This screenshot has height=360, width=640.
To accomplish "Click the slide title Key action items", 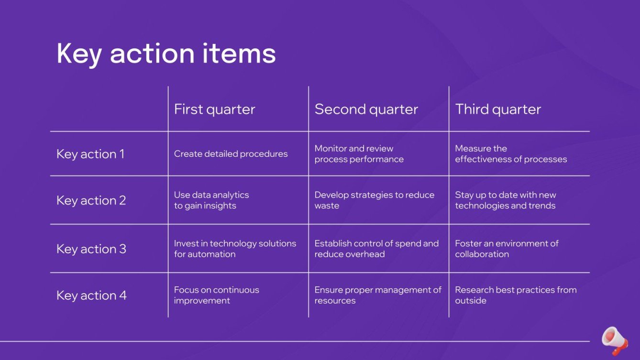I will tap(166, 53).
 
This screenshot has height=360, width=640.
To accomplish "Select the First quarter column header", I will tap(214, 109).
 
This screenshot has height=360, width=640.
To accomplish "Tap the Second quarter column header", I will tap(366, 109).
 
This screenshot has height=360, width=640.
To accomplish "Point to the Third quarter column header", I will tap(497, 109).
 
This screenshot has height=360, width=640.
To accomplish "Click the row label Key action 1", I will tap(90, 154).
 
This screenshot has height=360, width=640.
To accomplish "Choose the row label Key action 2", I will tap(91, 200).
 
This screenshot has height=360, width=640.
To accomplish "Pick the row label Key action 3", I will tap(91, 249).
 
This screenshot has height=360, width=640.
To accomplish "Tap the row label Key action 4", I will tap(91, 295).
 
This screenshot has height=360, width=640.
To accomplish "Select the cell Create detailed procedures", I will tap(231, 154).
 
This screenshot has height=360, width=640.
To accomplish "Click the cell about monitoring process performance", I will tap(359, 154).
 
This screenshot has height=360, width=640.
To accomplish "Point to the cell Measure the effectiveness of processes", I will tap(510, 154).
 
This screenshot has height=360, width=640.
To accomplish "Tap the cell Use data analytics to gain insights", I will tap(211, 200).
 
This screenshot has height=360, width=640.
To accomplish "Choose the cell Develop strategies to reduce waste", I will tap(374, 200).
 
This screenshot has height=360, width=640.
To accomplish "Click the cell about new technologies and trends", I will tap(505, 200).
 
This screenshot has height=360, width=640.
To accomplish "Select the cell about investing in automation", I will tap(234, 249).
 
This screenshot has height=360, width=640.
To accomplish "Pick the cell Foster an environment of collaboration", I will tap(506, 249).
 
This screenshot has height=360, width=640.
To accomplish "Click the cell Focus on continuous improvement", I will tap(216, 295).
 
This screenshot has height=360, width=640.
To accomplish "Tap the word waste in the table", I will tap(327, 206).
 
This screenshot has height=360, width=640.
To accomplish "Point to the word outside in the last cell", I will tap(471, 301).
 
